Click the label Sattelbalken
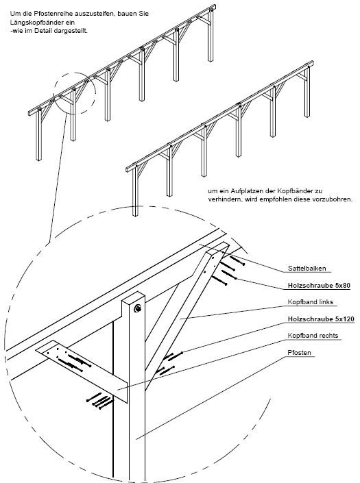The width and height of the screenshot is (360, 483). tap(307, 269)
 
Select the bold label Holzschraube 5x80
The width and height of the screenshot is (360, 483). tap(319, 286)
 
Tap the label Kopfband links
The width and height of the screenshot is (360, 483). tap(311, 302)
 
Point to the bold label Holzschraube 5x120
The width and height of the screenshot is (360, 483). tap(321, 319)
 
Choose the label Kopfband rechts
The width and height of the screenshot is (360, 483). tap(313, 336)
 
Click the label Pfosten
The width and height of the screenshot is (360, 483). tap(299, 352)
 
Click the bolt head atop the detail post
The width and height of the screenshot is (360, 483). tap(137, 308)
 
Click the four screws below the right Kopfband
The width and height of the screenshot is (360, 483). tap(99, 401)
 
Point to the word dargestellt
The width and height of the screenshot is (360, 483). tap(71, 31)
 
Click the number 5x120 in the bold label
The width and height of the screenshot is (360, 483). tap(344, 319)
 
